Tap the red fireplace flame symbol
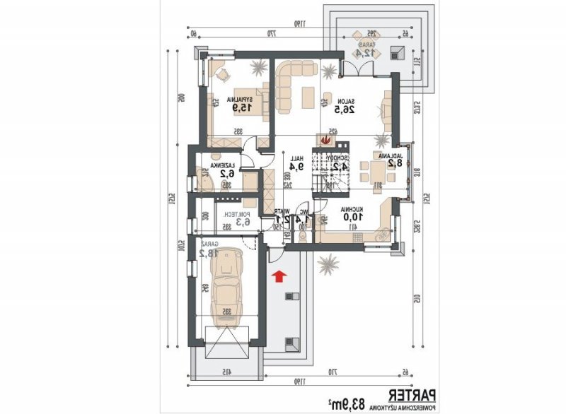tap(326, 139)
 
